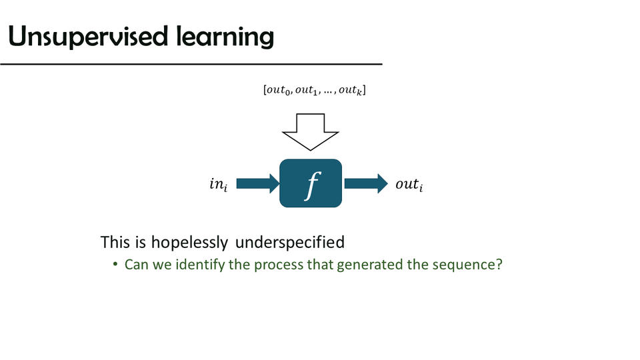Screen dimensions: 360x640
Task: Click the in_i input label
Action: click(x=218, y=185)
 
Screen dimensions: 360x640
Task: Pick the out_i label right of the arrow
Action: click(x=409, y=185)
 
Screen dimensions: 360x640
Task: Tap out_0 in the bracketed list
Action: click(x=280, y=90)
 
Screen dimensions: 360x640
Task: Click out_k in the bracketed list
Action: click(x=351, y=90)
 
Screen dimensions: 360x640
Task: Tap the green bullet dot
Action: click(x=116, y=265)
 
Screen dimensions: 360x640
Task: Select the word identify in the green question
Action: click(x=198, y=265)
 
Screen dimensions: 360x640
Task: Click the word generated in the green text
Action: click(x=368, y=265)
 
